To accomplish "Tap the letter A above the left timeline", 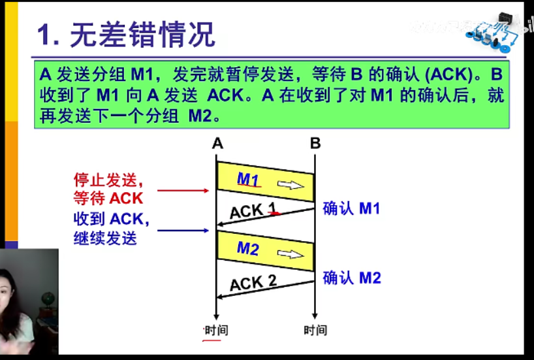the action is coord(217,143).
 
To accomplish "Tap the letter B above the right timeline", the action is coord(315,143).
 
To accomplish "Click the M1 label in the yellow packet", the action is coord(248,179).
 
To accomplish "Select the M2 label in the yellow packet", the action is coord(248,248).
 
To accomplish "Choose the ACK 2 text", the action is coord(253,283).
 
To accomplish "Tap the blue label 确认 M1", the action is coord(351,208).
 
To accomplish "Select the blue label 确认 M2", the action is coord(351,278).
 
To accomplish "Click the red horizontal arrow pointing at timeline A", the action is coord(183,191).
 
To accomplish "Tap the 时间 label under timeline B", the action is coord(315,330).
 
